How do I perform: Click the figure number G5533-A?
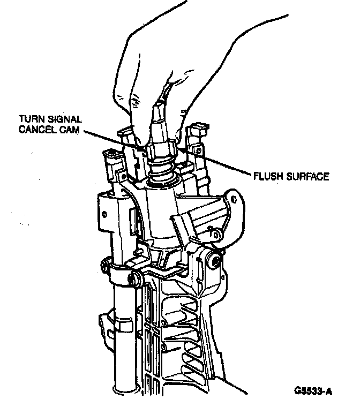[313, 390]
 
